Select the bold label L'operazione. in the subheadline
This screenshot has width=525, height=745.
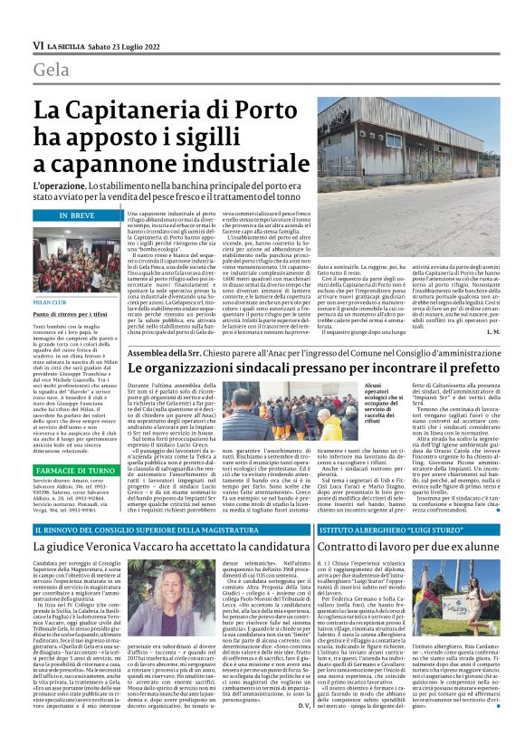click(x=61, y=185)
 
